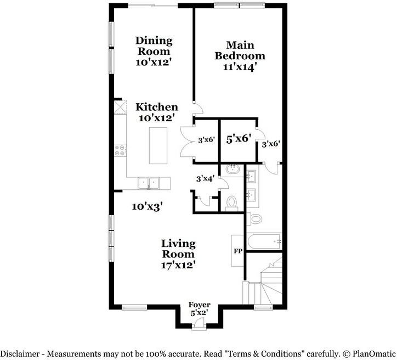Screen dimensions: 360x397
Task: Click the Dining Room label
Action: pyautogui.click(x=154, y=46)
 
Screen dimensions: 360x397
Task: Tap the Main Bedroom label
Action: pyautogui.click(x=240, y=50)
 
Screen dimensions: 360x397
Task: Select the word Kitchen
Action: pyautogui.click(x=157, y=107)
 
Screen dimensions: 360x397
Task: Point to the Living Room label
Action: pyautogui.click(x=178, y=249)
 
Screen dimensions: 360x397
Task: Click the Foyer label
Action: pyautogui.click(x=199, y=305)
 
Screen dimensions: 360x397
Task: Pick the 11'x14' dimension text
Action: pyautogui.click(x=240, y=67)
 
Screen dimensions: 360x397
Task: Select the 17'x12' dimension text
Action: pyautogui.click(x=178, y=265)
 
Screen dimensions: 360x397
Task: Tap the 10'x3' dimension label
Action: pyautogui.click(x=147, y=207)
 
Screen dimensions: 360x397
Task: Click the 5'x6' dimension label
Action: pyautogui.click(x=239, y=139)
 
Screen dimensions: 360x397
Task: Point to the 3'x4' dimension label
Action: pyautogui.click(x=206, y=178)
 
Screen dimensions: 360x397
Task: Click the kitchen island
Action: pyautogui.click(x=158, y=145)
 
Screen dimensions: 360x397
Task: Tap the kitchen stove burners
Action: pyautogui.click(x=120, y=150)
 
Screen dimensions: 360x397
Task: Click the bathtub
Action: pyautogui.click(x=264, y=240)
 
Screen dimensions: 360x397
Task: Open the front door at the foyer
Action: pyautogui.click(x=199, y=327)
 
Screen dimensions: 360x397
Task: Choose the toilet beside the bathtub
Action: pyautogui.click(x=256, y=218)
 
